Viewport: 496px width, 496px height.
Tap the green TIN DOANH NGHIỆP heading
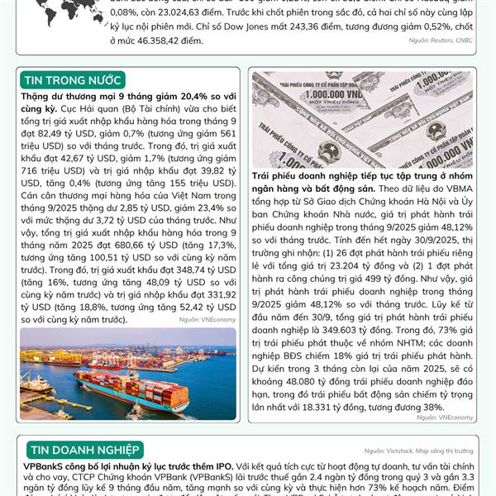pyautogui.click(x=83, y=450)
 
